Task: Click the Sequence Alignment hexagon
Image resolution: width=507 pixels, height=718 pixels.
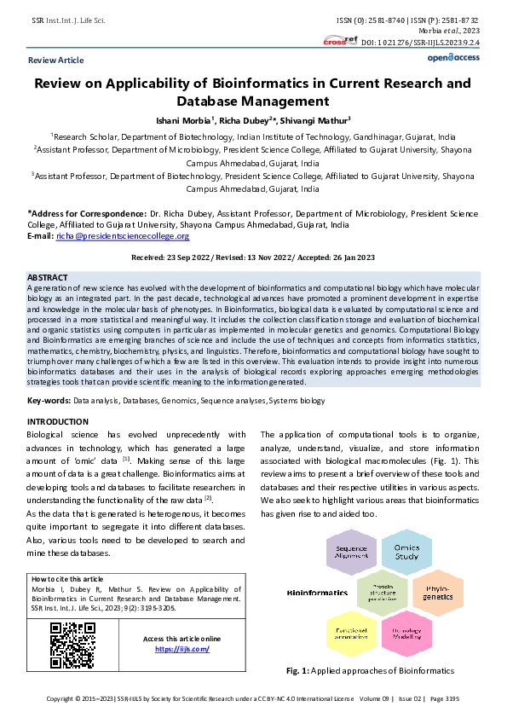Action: (x=350, y=553)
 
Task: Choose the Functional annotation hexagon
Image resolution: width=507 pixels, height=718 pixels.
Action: (x=346, y=632)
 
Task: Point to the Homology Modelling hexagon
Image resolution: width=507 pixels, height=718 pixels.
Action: (x=400, y=632)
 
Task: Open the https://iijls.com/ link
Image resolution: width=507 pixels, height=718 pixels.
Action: (x=170, y=649)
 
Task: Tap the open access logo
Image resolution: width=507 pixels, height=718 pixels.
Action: (x=452, y=57)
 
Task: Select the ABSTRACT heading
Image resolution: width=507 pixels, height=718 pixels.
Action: (x=48, y=278)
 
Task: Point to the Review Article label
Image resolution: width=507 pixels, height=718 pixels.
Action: (x=56, y=61)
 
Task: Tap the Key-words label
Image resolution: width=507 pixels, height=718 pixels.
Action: (x=49, y=400)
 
